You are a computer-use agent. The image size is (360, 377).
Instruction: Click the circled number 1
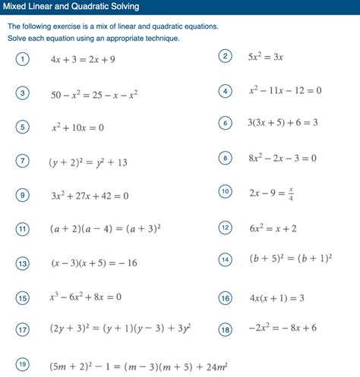[x=23, y=60]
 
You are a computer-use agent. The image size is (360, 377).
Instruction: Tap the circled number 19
[x=23, y=364]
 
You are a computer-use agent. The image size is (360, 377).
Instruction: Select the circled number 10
[x=225, y=191]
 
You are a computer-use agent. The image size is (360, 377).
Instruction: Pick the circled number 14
[x=225, y=259]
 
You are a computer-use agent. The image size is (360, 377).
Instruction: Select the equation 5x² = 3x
[x=266, y=57]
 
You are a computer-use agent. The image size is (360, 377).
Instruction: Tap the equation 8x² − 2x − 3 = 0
[x=282, y=159]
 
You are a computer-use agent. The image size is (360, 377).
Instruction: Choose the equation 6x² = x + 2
[x=273, y=228]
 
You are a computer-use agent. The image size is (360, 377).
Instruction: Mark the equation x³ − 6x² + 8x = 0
[x=86, y=297]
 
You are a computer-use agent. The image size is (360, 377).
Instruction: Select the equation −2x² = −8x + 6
[x=283, y=328]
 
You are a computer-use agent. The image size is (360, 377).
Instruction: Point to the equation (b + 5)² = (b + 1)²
[x=290, y=259]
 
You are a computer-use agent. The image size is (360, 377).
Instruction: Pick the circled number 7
[x=23, y=160]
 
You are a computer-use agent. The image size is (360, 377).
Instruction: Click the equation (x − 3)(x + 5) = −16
[x=94, y=263]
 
